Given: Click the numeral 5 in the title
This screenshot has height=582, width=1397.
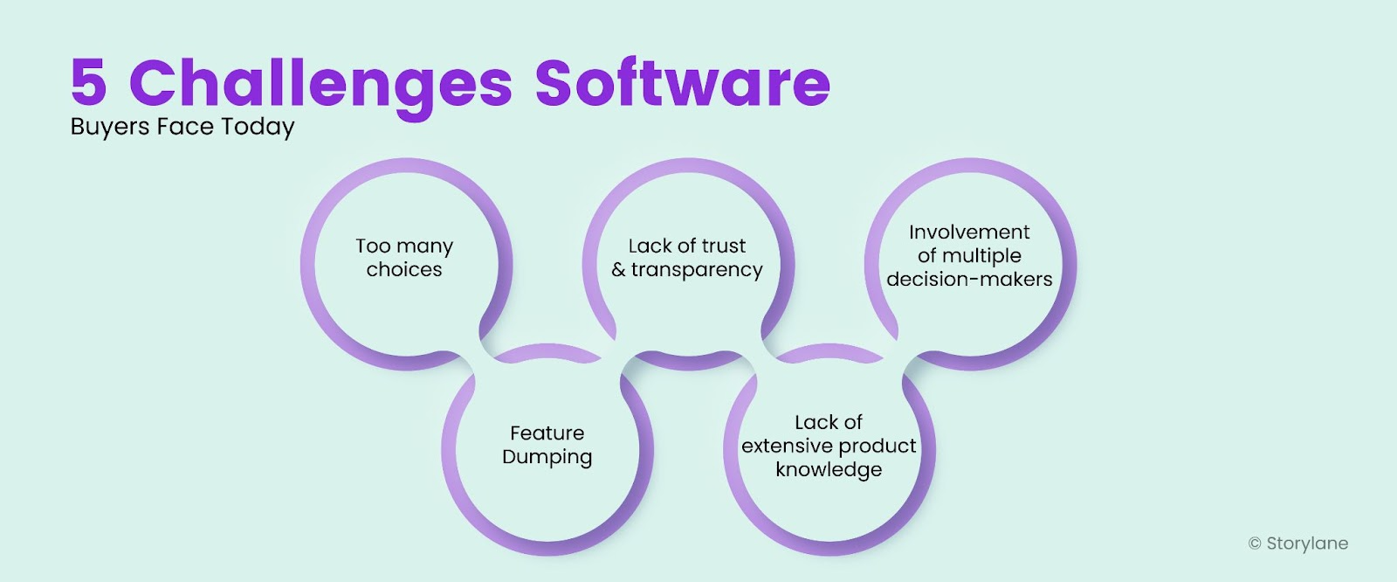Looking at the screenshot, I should coord(89,83).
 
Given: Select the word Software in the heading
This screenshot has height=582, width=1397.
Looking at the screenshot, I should coord(682,83).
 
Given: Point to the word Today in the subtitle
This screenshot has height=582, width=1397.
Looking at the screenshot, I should coord(258,128).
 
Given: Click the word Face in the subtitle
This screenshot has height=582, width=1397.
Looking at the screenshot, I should coord(185,127).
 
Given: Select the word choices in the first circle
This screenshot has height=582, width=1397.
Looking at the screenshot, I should coord(404,270).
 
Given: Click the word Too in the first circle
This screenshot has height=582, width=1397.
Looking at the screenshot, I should coord(373,246).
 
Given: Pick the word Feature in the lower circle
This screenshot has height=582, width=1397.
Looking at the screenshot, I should coord(547,433).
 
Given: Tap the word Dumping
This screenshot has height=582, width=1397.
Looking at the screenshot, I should coord(547,458).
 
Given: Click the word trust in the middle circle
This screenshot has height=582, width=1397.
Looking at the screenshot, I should coord(724,246).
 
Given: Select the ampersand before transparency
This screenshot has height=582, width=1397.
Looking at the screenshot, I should coord(618,270).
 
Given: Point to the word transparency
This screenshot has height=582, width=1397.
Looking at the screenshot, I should coord(697,271).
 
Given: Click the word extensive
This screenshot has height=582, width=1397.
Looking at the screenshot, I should coord(782,447).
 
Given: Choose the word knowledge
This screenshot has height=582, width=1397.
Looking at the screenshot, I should coord(829,470).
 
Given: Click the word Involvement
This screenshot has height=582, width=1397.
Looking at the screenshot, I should coord(969,232).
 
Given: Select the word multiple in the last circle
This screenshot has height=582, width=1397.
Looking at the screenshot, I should coord(981,256).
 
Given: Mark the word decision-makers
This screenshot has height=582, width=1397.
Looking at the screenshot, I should coord(969,280).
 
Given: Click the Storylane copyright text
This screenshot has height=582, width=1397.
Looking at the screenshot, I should coord(1298,544).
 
